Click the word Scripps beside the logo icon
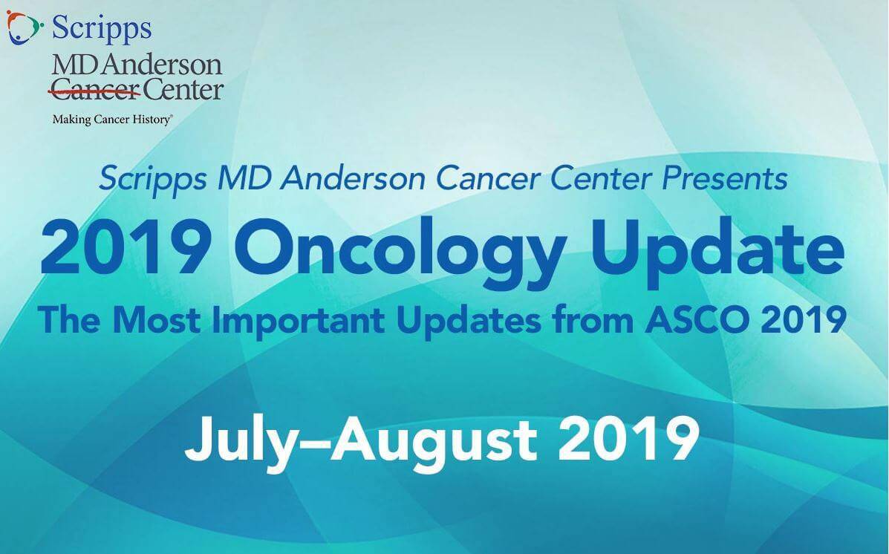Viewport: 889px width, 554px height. click(x=102, y=29)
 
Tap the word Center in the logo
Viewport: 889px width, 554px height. click(x=183, y=91)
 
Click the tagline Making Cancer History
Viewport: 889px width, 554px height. click(x=111, y=119)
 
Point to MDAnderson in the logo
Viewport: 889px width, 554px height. click(x=137, y=65)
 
